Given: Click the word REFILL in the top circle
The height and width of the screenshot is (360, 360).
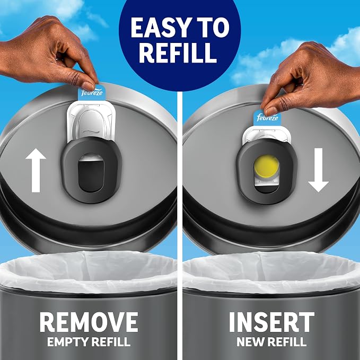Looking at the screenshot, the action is point(178,52).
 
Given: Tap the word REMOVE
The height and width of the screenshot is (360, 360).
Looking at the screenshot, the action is point(89,322).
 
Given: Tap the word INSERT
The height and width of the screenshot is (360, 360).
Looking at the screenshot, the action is point(271,322).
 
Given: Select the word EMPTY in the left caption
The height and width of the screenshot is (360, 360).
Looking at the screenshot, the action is point(67,342).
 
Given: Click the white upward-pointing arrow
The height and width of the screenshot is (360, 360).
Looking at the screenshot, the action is point(36,170).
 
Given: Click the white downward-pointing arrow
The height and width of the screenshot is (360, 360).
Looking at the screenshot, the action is point(318,170).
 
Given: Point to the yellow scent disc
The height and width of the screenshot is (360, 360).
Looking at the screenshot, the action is point(266,166).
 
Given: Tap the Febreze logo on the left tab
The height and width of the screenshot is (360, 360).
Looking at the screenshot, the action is point(92,93).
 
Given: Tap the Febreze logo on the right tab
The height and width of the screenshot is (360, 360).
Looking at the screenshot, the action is point(267,118).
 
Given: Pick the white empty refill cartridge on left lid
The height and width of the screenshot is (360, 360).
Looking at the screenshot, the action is point(91,122).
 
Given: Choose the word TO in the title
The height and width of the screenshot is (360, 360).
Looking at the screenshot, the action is point(214,28).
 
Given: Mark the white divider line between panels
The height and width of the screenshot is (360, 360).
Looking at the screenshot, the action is point(180,225).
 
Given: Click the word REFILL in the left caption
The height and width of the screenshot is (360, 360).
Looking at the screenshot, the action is point(111,342).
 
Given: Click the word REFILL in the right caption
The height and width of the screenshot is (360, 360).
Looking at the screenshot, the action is point(286,342).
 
